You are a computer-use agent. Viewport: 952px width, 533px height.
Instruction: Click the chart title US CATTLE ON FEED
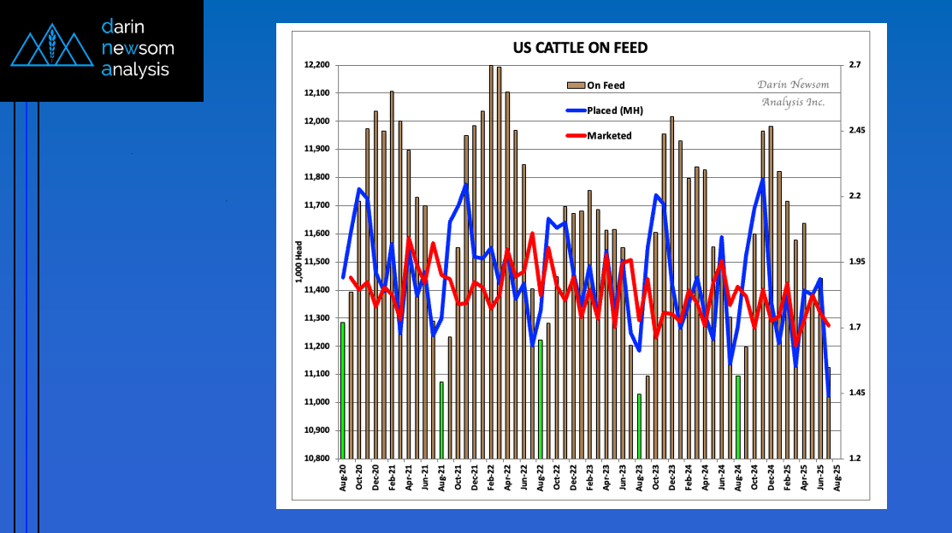tap(579, 48)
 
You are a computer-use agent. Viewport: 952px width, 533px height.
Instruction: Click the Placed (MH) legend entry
tap(614, 110)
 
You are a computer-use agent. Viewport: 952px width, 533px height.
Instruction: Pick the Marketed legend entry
tap(609, 135)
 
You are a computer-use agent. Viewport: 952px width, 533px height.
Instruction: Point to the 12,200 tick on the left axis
tap(316, 65)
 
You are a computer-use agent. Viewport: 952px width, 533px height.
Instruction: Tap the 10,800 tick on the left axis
tap(316, 459)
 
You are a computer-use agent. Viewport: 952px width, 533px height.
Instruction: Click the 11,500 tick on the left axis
tap(316, 262)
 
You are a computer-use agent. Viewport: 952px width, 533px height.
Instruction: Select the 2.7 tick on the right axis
tap(854, 65)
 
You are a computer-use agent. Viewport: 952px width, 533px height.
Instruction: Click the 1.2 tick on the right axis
tap(854, 459)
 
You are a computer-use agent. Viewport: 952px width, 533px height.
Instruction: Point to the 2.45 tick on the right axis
tap(856, 131)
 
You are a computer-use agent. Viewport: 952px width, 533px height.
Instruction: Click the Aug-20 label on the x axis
tap(343, 478)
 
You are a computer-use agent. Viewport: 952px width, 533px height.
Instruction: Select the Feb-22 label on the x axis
tap(491, 478)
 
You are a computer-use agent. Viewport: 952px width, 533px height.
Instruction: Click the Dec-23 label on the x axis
tap(672, 478)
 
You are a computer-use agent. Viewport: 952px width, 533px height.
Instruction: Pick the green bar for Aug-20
tap(343, 390)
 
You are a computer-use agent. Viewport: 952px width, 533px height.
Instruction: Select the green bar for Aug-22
tap(541, 399)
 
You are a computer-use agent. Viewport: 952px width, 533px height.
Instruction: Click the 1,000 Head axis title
tap(299, 263)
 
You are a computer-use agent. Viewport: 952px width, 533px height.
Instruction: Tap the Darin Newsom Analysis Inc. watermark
tap(792, 93)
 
